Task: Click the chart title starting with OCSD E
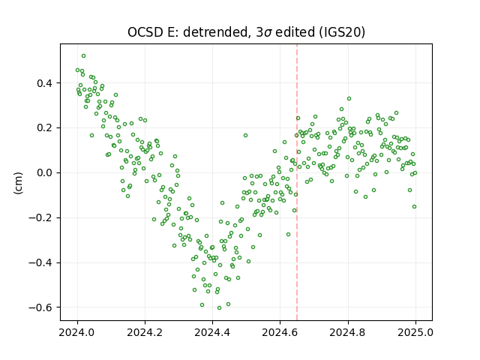click(246, 32)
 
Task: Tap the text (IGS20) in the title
click(342, 32)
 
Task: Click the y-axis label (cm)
click(18, 183)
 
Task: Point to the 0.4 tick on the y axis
click(45, 83)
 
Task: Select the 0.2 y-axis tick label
click(45, 128)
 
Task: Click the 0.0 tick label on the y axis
click(45, 173)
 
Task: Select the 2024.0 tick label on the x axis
click(77, 332)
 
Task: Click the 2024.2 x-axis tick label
click(145, 332)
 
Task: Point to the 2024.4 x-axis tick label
click(212, 332)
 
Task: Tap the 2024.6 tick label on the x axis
click(280, 332)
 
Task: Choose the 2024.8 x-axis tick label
click(348, 332)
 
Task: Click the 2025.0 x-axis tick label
click(415, 332)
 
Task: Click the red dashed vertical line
click(297, 182)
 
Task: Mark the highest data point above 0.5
click(83, 56)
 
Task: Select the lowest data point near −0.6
click(219, 308)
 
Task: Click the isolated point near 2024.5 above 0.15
click(245, 135)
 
